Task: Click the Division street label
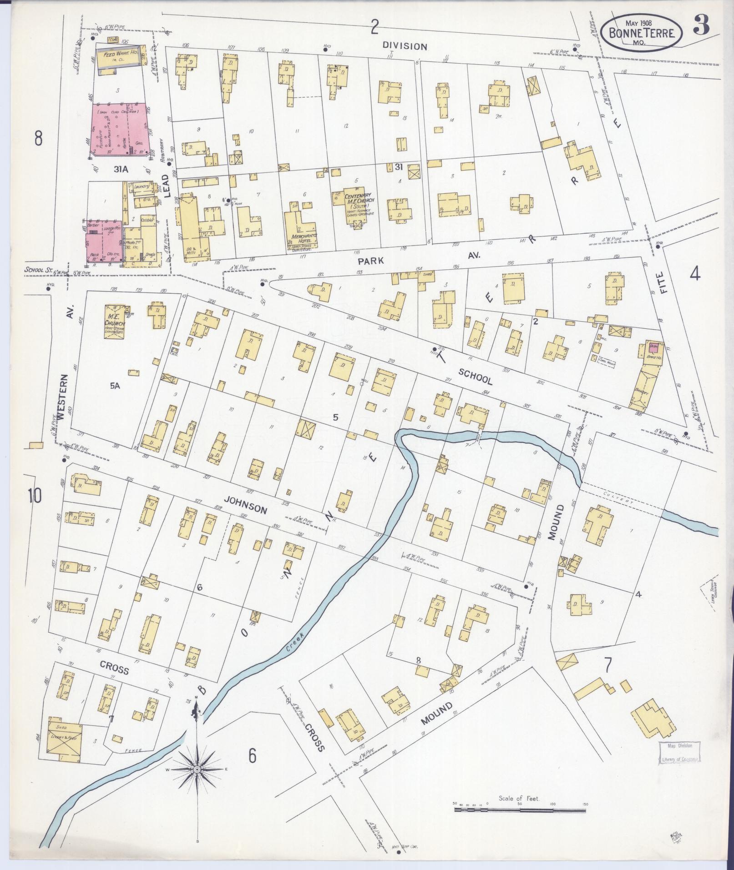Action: pos(405,46)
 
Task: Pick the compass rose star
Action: pos(197,769)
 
